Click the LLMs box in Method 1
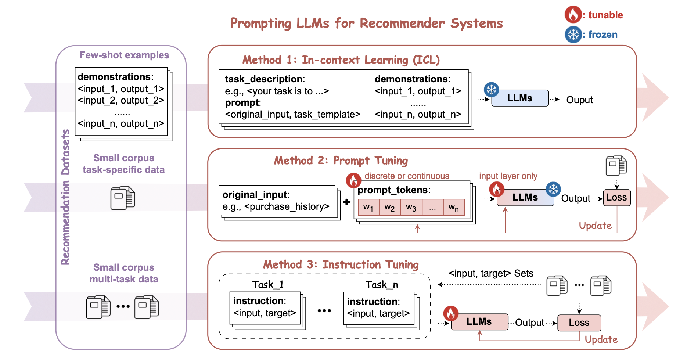click(x=519, y=98)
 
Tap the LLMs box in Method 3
click(x=479, y=321)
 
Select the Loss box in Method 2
click(x=616, y=198)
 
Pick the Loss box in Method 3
click(x=579, y=323)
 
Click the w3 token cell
click(x=411, y=208)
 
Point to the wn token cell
click(x=454, y=208)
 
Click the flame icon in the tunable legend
click(x=573, y=15)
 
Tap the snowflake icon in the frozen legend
click(x=573, y=35)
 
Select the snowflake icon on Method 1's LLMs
click(x=491, y=89)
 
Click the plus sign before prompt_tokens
click(x=346, y=202)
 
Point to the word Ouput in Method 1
click(x=579, y=100)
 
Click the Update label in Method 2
click(x=595, y=226)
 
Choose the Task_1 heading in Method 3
click(x=268, y=285)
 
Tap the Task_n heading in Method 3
click(x=381, y=285)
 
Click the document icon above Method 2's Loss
click(x=616, y=165)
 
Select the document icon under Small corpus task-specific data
click(x=123, y=198)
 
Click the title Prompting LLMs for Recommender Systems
click(x=366, y=23)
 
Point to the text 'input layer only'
click(x=508, y=176)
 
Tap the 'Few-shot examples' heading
click(x=124, y=55)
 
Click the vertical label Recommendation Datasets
click(x=65, y=197)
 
